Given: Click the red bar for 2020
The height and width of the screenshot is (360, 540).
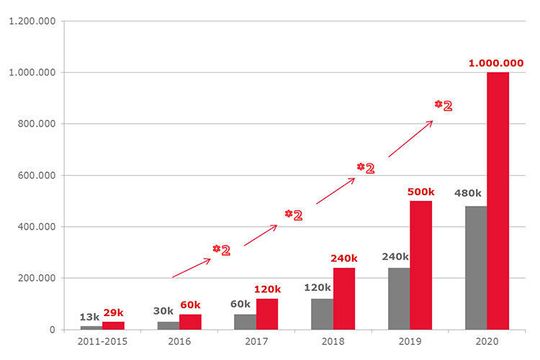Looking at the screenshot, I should pyautogui.click(x=498, y=200).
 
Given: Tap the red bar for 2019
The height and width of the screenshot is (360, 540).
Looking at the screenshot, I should pyautogui.click(x=421, y=265).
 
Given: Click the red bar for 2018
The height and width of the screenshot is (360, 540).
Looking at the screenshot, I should pyautogui.click(x=344, y=298).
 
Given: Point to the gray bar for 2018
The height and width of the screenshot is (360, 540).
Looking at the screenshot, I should pyautogui.click(x=322, y=313).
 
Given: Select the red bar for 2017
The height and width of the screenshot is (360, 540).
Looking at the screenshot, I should pyautogui.click(x=268, y=313).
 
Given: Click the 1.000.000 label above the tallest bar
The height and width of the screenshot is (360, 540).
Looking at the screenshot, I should pyautogui.click(x=495, y=63).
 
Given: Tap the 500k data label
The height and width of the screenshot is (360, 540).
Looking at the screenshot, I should pyautogui.click(x=420, y=192).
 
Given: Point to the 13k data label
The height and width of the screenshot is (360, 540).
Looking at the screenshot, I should pyautogui.click(x=89, y=316).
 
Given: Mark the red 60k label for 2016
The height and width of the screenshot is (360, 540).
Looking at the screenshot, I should pyautogui.click(x=191, y=304).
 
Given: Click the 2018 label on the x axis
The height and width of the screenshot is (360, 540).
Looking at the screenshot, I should pyautogui.click(x=333, y=342).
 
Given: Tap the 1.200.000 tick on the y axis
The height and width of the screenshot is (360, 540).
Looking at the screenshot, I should pyautogui.click(x=31, y=21).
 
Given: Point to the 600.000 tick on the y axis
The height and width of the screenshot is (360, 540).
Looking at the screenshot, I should pyautogui.click(x=34, y=175).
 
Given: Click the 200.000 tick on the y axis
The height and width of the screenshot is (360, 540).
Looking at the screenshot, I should pyautogui.click(x=34, y=278).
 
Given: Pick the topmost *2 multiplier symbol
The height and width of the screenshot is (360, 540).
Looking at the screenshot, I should pyautogui.click(x=443, y=105).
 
